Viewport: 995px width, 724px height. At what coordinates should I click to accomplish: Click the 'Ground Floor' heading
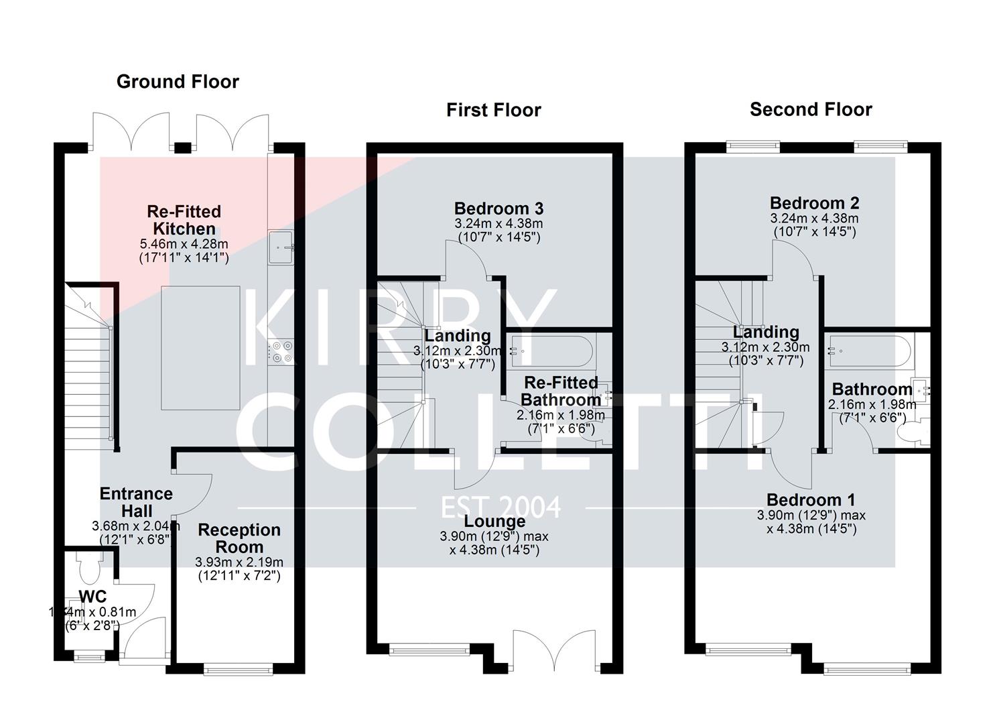coord(178,82)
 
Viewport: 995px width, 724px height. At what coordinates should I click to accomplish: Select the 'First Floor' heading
coord(493,110)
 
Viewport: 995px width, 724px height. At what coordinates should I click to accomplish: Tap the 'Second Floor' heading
coord(811,109)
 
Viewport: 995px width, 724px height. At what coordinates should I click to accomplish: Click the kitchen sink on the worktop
coord(281,247)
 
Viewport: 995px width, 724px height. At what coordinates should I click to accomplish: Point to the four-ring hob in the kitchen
coord(281,353)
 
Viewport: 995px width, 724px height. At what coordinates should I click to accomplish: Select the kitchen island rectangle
coord(200,347)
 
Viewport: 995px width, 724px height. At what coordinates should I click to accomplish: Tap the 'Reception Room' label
coord(239,538)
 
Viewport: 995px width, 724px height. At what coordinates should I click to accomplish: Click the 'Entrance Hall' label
coord(137,501)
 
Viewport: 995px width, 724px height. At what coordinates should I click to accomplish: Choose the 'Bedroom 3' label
coord(499,208)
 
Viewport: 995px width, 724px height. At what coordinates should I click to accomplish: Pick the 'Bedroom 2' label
coord(814,203)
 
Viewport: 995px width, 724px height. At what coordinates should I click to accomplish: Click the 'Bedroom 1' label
coord(811,500)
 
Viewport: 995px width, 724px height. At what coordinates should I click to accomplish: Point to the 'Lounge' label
coord(494,522)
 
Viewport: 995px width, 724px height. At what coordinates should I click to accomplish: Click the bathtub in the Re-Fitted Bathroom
coord(549,351)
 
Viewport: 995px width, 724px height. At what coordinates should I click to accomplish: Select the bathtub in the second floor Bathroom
coord(867,350)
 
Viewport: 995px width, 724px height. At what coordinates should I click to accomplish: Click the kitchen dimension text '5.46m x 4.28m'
coord(184,244)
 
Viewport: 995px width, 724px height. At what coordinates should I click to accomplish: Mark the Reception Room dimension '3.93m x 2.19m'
coord(239,562)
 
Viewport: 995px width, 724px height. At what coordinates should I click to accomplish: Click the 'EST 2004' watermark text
coord(501,507)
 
